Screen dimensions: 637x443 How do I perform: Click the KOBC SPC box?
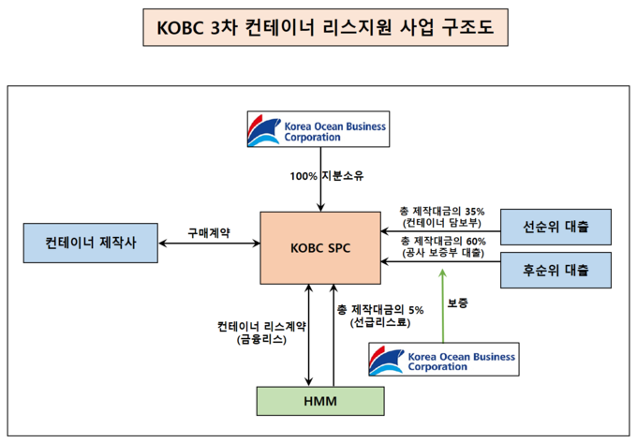(x=320, y=247)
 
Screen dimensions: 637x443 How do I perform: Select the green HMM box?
(x=320, y=401)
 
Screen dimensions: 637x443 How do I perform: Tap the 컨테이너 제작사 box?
(x=91, y=243)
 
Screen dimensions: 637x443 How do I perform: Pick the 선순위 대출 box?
(x=556, y=227)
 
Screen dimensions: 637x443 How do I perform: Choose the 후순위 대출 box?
(x=556, y=271)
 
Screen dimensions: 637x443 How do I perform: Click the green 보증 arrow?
(x=443, y=305)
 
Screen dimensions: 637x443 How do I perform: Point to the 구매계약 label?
(x=209, y=232)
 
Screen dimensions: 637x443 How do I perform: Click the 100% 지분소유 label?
(x=327, y=176)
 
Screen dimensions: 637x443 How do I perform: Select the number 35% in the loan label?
(x=475, y=211)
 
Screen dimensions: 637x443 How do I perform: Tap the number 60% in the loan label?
(x=476, y=242)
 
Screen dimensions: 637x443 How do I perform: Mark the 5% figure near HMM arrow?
(x=416, y=310)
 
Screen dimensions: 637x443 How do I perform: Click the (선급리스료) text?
(x=380, y=322)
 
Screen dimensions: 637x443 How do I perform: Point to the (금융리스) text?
(x=261, y=339)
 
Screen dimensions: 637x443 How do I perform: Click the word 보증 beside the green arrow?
(x=458, y=303)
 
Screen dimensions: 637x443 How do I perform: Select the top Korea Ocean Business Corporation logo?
(x=318, y=129)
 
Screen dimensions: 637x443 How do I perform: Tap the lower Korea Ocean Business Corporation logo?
(x=444, y=360)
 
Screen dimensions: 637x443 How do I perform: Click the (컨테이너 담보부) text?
(x=442, y=223)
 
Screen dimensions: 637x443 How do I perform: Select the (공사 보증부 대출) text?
(x=443, y=253)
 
